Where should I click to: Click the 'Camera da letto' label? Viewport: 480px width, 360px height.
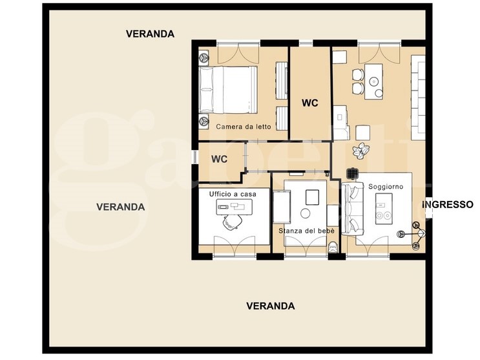click(244, 127)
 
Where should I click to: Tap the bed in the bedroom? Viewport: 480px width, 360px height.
click(227, 89)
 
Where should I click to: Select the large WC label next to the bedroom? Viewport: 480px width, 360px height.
click(310, 103)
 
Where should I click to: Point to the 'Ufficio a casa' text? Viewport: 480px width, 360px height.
click(231, 194)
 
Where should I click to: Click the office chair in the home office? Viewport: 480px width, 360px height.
click(233, 222)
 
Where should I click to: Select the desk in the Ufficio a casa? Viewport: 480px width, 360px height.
click(233, 207)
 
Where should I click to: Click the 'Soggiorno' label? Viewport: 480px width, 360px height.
click(386, 186)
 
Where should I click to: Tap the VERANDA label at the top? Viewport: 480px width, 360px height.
click(150, 34)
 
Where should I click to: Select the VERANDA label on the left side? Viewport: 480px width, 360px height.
click(120, 207)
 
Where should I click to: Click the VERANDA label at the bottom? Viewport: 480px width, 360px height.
click(271, 306)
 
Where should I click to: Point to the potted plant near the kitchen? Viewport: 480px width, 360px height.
click(359, 151)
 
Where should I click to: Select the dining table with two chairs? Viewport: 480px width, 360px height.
click(373, 81)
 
